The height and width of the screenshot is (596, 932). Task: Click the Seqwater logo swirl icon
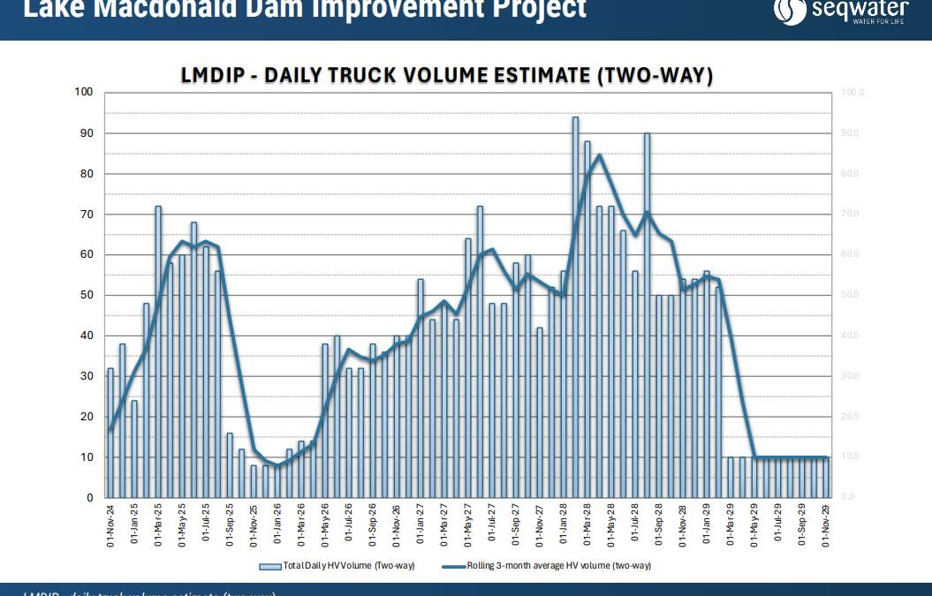coord(790,10)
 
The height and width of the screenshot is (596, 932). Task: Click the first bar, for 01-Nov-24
coord(110,433)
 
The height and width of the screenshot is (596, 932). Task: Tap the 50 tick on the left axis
coord(87,295)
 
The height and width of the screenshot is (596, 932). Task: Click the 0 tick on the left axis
coord(89,498)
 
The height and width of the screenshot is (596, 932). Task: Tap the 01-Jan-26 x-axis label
coord(277,525)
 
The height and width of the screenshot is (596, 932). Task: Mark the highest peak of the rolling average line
coord(599,155)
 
